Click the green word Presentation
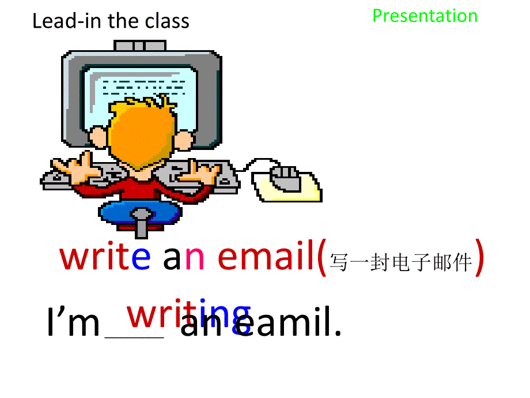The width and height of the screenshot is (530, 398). coord(425,16)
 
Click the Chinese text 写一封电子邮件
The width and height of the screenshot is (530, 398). coord(400,264)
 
